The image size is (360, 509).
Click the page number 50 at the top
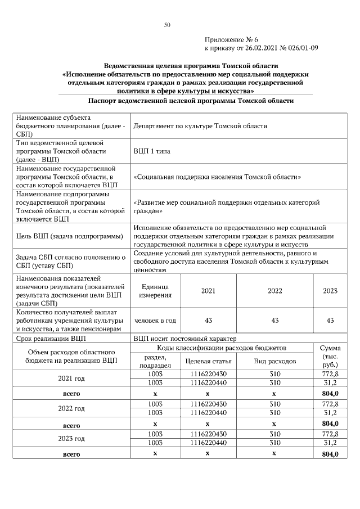[x=166, y=25]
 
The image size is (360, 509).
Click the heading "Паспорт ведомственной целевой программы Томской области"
[x=191, y=101]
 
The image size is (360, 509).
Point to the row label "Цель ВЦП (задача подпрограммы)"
[x=70, y=236]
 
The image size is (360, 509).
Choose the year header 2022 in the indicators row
[x=274, y=291]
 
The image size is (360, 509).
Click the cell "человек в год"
[x=155, y=320]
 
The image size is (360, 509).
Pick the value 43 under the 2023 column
[x=330, y=320]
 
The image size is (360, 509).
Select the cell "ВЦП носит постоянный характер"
[x=185, y=339]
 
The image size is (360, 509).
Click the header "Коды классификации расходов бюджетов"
[x=222, y=349]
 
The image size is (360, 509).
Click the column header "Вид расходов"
[x=274, y=361]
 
